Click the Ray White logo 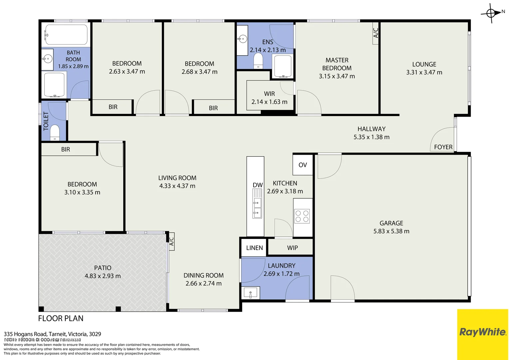(482, 332)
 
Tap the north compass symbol (491, 13)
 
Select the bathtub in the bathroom (66, 34)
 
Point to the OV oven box (302, 165)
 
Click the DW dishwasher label (257, 185)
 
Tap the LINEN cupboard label (254, 248)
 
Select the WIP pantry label (292, 248)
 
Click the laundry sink (250, 293)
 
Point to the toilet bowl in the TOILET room (55, 132)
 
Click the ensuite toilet (258, 61)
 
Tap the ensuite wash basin (242, 39)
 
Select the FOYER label (443, 147)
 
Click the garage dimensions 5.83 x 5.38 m (391, 231)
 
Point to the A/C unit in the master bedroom (376, 33)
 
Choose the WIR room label (269, 94)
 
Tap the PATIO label (103, 268)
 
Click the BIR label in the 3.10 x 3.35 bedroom (66, 149)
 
